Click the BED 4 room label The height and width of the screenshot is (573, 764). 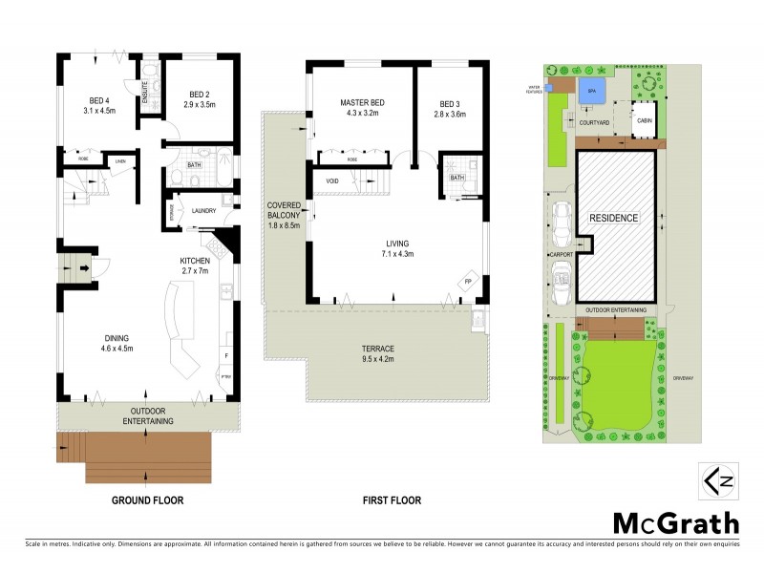pos(98,99)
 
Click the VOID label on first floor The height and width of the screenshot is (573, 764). pos(332,181)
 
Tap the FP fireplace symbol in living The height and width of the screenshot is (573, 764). pos(468,283)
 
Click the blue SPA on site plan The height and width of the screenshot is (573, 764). pos(592,91)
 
